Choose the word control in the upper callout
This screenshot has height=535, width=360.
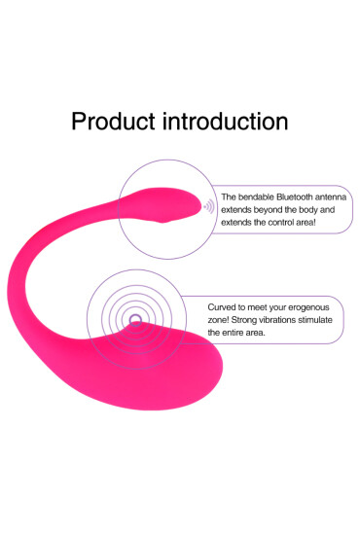click(x=273, y=223)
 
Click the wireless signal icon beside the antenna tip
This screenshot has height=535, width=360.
click(x=208, y=207)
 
